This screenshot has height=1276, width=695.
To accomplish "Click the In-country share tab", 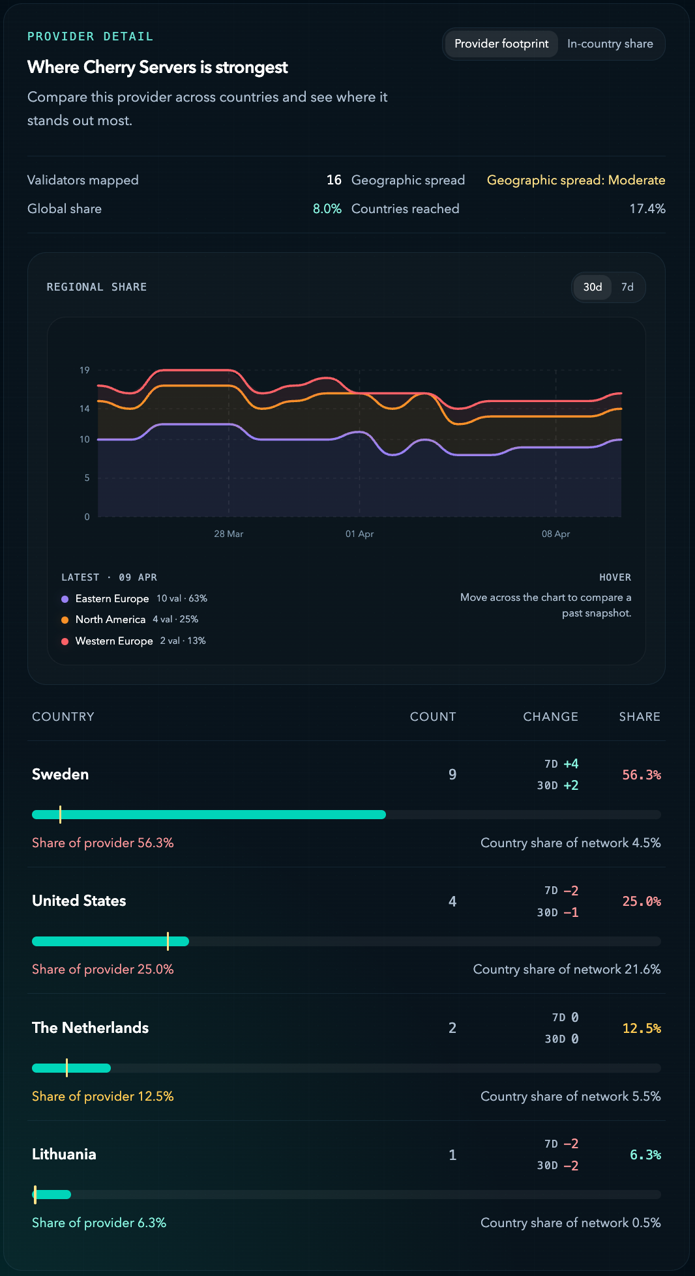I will [610, 44].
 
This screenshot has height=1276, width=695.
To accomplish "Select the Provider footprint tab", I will [501, 44].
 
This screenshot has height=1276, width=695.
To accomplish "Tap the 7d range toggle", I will [627, 287].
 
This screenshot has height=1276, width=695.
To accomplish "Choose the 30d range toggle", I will [592, 287].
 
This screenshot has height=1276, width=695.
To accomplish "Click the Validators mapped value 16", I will [334, 180].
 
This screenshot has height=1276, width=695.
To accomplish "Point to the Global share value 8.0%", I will [327, 209].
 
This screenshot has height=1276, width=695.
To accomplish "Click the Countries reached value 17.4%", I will [647, 209].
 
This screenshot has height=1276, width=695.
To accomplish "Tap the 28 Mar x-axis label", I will [228, 534].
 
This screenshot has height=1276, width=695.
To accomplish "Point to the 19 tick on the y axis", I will [85, 370].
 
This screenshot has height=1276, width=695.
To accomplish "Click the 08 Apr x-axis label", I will [555, 534].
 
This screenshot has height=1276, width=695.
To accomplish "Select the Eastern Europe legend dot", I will [65, 599].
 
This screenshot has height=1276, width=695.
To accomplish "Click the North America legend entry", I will [110, 620].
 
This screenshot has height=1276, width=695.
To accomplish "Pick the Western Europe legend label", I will [114, 641].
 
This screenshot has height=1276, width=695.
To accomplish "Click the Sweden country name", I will [60, 774].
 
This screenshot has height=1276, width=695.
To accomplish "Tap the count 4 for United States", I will [452, 901].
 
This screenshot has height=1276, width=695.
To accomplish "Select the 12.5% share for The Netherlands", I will [641, 1028].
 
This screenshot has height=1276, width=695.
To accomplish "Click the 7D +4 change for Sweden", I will [561, 764].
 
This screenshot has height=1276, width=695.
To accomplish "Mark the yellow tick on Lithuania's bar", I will [35, 1195].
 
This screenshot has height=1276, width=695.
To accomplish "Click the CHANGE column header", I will [550, 717].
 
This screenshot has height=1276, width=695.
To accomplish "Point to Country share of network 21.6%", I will [567, 969].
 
